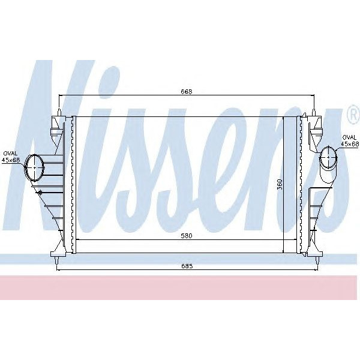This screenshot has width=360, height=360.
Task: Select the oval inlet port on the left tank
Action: [x=34, y=167]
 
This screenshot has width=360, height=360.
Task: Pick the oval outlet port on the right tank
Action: [x=328, y=158]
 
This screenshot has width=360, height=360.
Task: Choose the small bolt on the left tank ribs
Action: [x=38, y=193]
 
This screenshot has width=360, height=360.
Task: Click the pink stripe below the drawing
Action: [x=180, y=288]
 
